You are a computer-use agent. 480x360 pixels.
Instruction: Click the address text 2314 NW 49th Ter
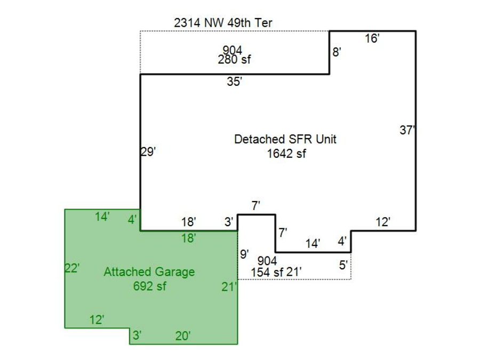(223, 23)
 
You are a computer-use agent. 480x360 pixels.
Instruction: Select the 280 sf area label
(234, 60)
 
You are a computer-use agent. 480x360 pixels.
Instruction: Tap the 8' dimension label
(337, 52)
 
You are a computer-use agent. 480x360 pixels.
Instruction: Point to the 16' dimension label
(372, 38)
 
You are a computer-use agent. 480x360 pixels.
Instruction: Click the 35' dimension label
(235, 82)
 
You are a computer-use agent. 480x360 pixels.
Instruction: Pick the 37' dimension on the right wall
(407, 130)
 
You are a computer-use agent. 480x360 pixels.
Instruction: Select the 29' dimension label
(148, 151)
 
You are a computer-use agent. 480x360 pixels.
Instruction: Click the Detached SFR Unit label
(285, 139)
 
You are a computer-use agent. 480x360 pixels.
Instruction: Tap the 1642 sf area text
(286, 154)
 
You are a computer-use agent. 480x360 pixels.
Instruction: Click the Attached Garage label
(149, 272)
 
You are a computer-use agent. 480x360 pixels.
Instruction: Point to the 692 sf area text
(149, 286)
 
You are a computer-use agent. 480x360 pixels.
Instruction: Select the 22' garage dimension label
(72, 268)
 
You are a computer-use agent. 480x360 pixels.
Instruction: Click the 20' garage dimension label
(183, 336)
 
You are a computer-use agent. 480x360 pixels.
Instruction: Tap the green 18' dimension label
(188, 238)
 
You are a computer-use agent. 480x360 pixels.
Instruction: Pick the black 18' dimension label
(188, 222)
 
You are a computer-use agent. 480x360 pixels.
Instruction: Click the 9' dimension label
(244, 254)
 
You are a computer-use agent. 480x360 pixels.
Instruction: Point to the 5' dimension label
(343, 265)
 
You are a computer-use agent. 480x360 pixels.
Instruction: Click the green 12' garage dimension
(97, 320)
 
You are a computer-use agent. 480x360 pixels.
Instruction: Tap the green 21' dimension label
(229, 287)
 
